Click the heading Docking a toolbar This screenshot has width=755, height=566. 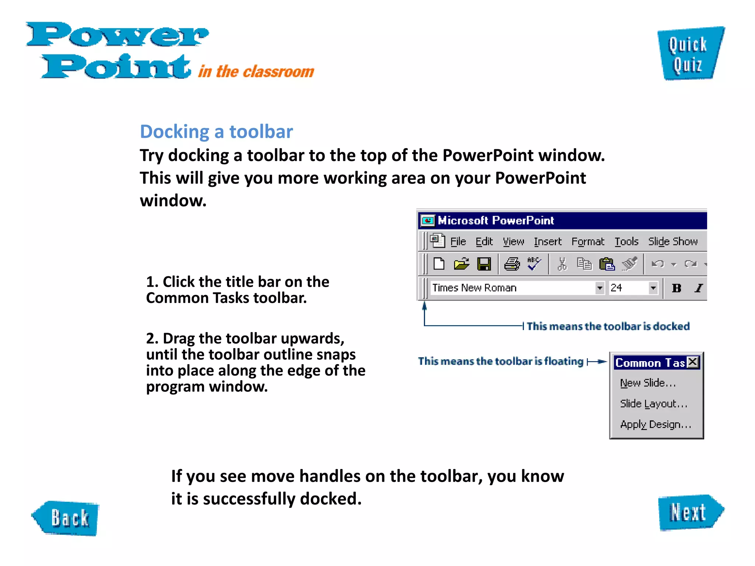[x=216, y=132]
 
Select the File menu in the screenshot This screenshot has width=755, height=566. [x=458, y=241]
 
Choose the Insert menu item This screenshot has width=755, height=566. [x=547, y=241]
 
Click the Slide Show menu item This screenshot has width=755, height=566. [x=673, y=241]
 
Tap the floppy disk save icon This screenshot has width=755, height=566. [x=484, y=264]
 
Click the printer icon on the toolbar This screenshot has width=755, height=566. [x=512, y=264]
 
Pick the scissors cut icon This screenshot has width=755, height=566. [x=562, y=264]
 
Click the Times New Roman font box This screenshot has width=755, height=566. [x=512, y=288]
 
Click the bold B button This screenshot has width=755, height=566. [x=676, y=288]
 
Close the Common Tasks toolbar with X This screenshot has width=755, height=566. [x=693, y=362]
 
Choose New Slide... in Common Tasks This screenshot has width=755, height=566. [x=648, y=383]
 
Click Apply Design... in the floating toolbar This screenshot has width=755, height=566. [x=655, y=424]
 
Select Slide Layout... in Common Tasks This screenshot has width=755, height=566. [x=653, y=404]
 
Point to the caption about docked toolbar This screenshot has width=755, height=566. [x=608, y=326]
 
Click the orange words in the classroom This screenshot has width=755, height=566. [x=256, y=71]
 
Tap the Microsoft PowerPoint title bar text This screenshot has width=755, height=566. [x=495, y=220]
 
